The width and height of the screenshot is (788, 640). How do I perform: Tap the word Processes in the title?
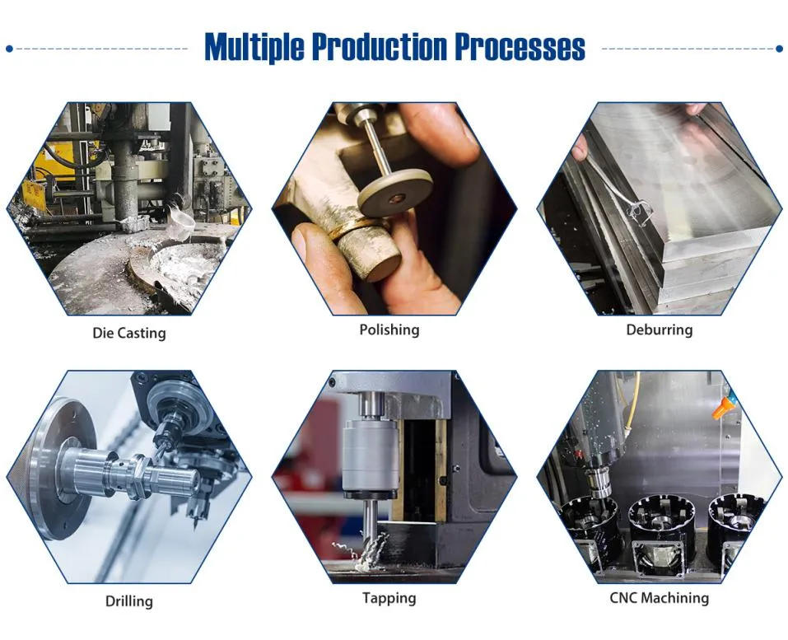pyautogui.click(x=520, y=48)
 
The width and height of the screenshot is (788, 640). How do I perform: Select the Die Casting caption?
pyautogui.click(x=128, y=334)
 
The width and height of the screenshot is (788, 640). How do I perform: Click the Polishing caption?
pyautogui.click(x=389, y=330)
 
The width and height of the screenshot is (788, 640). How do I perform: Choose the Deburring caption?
pyautogui.click(x=659, y=330)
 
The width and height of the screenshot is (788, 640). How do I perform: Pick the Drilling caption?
pyautogui.click(x=128, y=601)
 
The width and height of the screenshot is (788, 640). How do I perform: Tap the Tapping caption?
pyautogui.click(x=389, y=598)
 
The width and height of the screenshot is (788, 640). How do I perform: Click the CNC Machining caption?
pyautogui.click(x=659, y=598)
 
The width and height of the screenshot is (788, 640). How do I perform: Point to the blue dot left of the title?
pyautogui.click(x=9, y=49)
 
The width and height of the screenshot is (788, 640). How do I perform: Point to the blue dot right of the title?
pyautogui.click(x=779, y=49)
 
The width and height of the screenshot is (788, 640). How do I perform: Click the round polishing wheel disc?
pyautogui.click(x=395, y=193)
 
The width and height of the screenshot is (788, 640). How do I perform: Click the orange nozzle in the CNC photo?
pyautogui.click(x=725, y=406)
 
